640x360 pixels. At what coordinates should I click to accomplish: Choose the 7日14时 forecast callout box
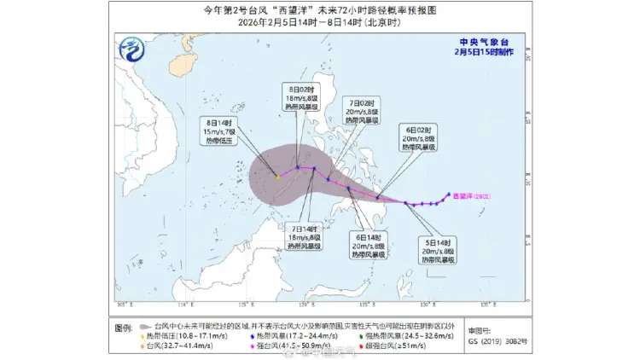tap(303, 237)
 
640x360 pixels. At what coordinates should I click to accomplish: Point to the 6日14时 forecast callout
tap(369, 245)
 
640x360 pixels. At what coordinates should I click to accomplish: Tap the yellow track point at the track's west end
tap(278, 177)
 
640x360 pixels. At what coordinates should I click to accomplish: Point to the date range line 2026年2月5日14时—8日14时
tap(319, 22)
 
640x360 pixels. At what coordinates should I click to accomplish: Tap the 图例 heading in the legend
tap(124, 327)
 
